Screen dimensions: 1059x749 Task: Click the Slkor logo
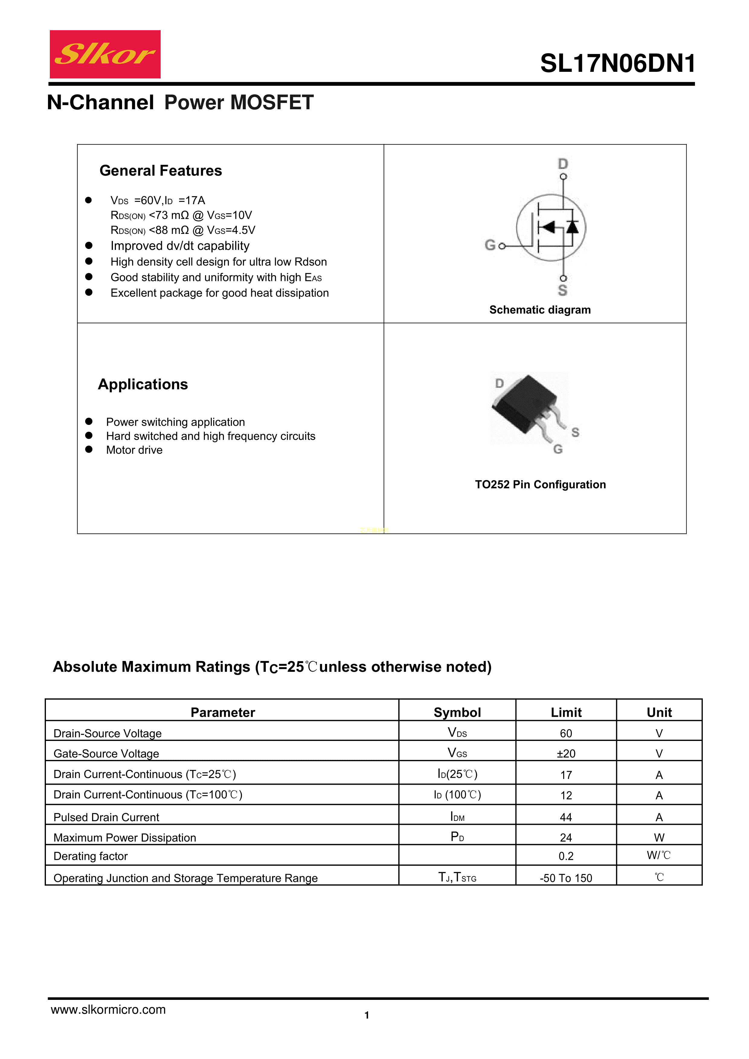105,54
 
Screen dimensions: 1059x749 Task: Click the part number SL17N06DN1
618,64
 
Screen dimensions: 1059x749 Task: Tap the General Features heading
161,171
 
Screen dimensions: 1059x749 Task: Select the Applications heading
143,384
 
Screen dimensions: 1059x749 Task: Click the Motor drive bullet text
134,450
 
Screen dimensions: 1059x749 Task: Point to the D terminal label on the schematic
563,164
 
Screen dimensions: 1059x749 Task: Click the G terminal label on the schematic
490,245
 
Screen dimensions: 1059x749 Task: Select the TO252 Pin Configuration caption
540,485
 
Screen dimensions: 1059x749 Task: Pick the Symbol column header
457,713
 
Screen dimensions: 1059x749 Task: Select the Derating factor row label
90,856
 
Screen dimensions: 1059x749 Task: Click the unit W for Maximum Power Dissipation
659,837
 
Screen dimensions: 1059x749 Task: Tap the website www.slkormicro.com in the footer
108,1010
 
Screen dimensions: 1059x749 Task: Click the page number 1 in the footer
367,1015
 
